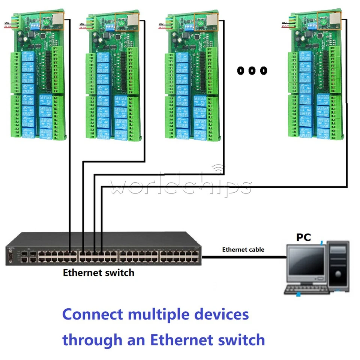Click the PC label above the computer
304,237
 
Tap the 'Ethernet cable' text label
243,249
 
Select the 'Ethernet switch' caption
98,273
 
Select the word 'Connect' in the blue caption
92,314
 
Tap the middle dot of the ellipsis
252,70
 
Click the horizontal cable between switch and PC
244,257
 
